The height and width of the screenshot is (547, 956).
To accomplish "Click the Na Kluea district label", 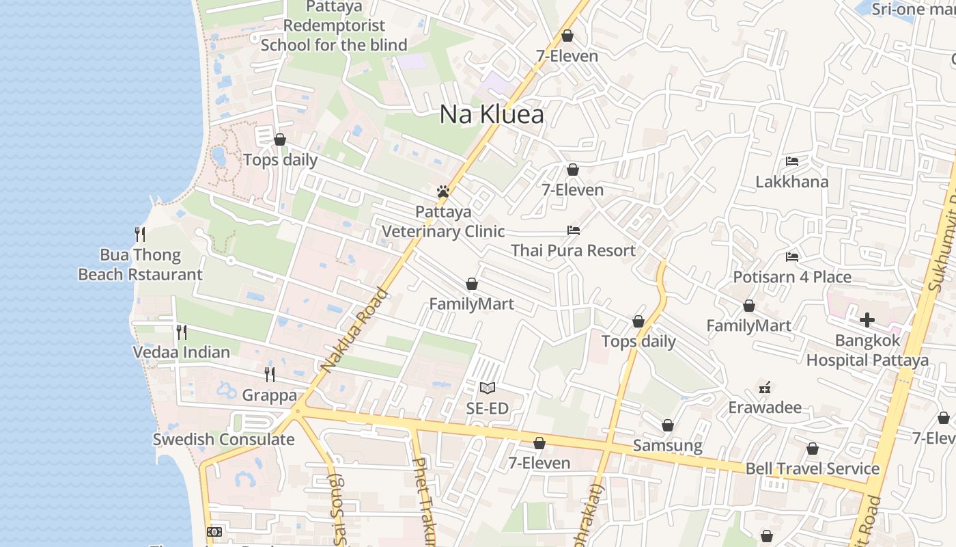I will point(492,114).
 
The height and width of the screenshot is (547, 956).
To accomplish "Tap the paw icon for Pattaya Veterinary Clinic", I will point(443,191).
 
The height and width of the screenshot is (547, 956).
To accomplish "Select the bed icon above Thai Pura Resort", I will point(574,230).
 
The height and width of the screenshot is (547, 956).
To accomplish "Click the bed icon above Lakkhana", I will point(792,161).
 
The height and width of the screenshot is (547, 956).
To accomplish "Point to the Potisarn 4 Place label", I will point(792,277).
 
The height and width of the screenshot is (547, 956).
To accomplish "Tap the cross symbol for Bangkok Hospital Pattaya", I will point(867,319).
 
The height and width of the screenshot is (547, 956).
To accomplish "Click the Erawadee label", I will point(765,408).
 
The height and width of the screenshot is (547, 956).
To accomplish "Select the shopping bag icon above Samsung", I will point(668,426).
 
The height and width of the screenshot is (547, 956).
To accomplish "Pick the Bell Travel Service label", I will point(813,468).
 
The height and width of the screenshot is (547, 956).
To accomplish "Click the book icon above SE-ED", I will point(487,388).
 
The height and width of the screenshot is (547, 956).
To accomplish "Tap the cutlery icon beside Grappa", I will point(270,374).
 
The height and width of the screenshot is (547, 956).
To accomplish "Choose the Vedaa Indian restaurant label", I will point(182,352).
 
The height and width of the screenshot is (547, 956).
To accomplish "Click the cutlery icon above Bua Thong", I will point(140,235).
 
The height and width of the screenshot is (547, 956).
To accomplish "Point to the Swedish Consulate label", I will point(223,439).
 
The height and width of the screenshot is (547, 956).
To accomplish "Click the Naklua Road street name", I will point(354,332).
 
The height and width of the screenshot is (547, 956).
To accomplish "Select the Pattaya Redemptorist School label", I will point(334,26).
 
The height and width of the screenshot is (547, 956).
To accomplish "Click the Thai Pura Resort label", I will point(574,250).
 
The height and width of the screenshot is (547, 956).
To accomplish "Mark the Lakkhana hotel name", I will point(792,182).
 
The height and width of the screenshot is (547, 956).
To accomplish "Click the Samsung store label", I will point(668,446).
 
